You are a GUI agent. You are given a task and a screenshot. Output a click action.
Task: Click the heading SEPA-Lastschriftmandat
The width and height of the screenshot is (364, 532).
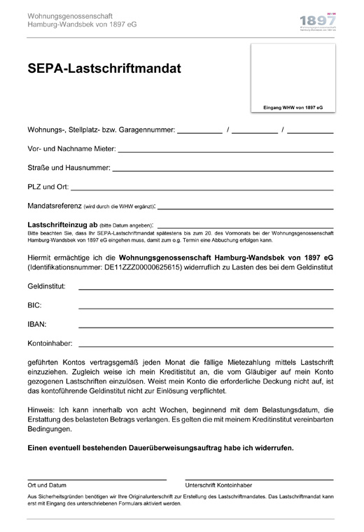pos(104,69)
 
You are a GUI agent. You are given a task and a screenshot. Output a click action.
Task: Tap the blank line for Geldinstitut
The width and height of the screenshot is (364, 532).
pos(206,289)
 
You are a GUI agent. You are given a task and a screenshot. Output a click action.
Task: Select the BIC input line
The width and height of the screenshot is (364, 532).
pos(206,308)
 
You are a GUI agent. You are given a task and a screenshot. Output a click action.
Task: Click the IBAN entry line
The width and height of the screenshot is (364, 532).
pos(206,327)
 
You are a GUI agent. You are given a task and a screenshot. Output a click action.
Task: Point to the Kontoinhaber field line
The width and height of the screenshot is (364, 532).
pos(206,346)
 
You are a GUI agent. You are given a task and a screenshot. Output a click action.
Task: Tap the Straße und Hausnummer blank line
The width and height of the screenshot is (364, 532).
pos(223,170)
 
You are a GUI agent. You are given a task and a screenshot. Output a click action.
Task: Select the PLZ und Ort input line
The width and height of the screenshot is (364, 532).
pos(202,189)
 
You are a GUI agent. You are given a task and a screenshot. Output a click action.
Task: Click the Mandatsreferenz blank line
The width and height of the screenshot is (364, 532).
pos(246,208)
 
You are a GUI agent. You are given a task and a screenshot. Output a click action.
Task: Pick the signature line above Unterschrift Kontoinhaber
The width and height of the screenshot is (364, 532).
pos(259,479)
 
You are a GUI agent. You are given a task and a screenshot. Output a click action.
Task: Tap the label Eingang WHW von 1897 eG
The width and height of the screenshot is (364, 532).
pos(293,108)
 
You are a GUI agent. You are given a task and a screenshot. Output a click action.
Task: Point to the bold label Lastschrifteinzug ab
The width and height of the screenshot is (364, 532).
pos(59,224)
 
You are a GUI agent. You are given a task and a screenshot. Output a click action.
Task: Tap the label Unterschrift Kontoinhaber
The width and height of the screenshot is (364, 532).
pos(218,485)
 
